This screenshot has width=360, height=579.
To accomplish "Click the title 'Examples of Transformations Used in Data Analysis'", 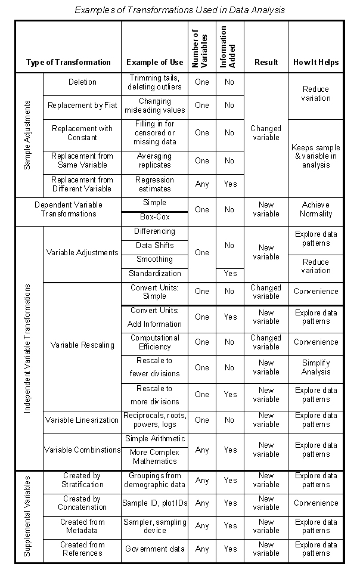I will tap(179, 10).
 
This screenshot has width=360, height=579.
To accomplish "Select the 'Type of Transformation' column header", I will tap(69, 62).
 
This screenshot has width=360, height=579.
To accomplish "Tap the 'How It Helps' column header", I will tap(316, 62).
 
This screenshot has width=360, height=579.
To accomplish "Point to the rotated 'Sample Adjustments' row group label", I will tap(27, 135).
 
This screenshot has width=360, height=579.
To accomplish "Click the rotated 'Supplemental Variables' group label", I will tap(27, 516).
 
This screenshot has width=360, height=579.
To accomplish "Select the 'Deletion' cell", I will tap(82, 82).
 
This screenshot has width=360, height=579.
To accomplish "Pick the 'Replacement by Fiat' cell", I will tap(82, 106).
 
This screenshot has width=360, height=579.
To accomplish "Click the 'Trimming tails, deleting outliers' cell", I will tap(155, 82).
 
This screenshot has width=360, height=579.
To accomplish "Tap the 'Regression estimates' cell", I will tap(155, 184).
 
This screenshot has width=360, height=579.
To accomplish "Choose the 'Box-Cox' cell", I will tap(155, 217).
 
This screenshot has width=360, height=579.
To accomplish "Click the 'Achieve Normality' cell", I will tap(316, 209).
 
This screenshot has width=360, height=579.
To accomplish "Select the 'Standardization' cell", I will tap(155, 274).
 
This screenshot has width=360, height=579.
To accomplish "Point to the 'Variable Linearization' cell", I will tap(82, 420).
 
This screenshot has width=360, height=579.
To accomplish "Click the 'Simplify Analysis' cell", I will tap(316, 367).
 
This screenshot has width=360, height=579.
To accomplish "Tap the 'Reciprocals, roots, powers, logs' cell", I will tap(155, 420).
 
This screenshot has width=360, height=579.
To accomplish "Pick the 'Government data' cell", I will tap(155, 549).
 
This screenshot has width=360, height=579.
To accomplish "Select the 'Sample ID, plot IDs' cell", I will tap(155, 503).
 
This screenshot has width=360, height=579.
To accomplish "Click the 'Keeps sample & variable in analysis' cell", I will tap(316, 156).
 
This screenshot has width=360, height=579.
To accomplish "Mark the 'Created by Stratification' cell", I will tap(82, 480).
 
